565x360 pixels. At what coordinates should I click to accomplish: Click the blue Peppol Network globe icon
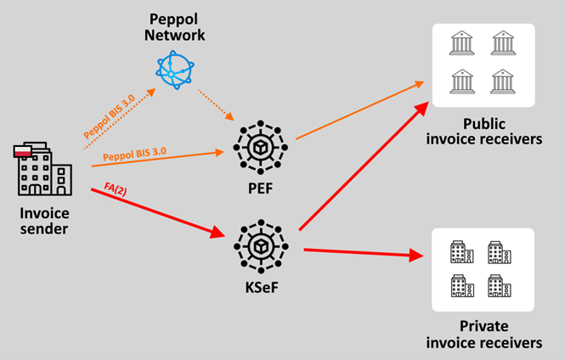click(175, 70)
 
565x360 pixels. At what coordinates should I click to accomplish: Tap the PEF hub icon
click(260, 147)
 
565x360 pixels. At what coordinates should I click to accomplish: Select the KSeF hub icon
click(261, 246)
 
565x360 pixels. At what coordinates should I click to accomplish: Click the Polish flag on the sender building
click(23, 151)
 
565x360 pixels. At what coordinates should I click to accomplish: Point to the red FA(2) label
click(116, 189)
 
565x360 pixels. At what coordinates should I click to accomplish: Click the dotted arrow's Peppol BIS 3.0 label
click(109, 116)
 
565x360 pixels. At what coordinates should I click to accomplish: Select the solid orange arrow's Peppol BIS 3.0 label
click(134, 154)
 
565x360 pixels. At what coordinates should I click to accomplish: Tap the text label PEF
click(261, 188)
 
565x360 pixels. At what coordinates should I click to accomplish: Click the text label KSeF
click(262, 288)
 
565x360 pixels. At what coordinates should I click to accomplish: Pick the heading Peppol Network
click(175, 27)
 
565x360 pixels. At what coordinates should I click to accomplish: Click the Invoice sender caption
click(44, 221)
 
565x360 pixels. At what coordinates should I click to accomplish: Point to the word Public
click(484, 124)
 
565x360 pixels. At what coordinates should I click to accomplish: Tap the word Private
click(484, 326)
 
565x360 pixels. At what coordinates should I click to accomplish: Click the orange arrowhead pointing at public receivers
click(419, 84)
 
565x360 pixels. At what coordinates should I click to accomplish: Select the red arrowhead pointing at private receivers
click(416, 255)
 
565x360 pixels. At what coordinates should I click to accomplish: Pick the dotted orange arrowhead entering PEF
click(229, 116)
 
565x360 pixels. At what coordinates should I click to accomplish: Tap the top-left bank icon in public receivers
click(461, 42)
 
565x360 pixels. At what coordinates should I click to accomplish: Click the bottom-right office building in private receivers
click(499, 286)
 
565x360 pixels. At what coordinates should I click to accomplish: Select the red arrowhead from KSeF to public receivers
click(421, 109)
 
